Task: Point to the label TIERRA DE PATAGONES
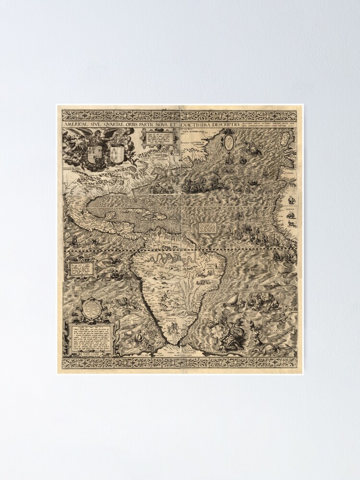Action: coord(174,320)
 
